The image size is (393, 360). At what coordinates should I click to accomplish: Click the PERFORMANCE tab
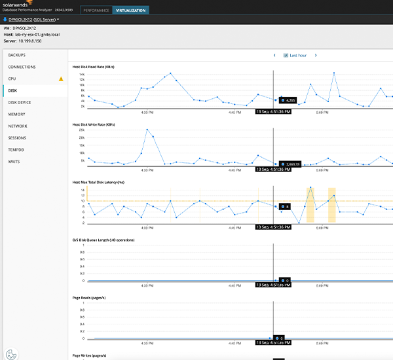(96, 10)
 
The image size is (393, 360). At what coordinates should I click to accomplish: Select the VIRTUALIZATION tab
(130, 10)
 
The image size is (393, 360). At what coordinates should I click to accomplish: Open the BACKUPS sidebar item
(18, 55)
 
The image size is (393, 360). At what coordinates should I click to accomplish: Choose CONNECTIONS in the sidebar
(22, 67)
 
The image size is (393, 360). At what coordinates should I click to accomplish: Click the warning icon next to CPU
(61, 79)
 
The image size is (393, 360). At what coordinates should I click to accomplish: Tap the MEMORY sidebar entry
(16, 114)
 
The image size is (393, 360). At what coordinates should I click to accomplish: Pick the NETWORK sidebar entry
(18, 126)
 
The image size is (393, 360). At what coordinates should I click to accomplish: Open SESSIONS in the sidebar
(18, 137)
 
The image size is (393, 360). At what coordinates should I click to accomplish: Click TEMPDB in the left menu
(16, 149)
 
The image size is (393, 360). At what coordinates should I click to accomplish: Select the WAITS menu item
(14, 161)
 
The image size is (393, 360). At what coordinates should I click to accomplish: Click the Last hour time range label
(298, 56)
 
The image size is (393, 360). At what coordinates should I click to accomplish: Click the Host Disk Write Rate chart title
(96, 124)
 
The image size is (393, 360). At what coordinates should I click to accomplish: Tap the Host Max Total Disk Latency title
(103, 182)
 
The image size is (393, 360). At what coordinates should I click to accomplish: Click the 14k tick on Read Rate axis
(82, 75)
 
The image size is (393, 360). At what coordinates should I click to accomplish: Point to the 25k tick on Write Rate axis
(82, 131)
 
